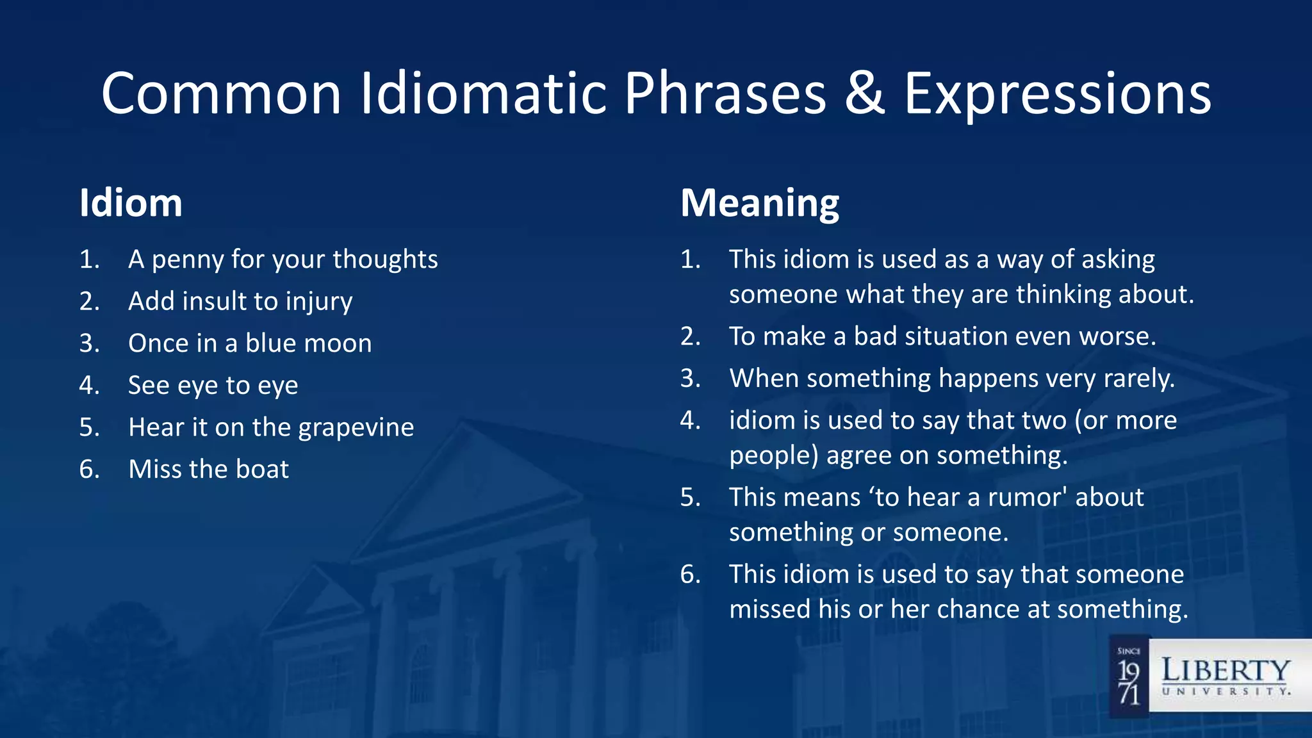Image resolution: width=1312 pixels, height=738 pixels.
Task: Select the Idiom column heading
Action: point(131,203)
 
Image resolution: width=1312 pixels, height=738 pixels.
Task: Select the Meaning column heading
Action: point(759,203)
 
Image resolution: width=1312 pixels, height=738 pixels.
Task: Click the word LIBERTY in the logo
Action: point(1226,670)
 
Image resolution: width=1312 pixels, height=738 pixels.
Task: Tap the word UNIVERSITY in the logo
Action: point(1226,692)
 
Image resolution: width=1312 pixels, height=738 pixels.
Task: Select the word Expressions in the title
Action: point(1057,94)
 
